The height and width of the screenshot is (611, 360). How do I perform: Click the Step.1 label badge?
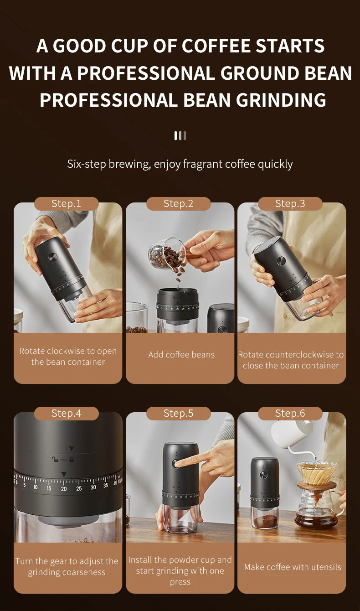pyautogui.click(x=67, y=203)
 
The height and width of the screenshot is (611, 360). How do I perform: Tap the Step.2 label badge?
pyautogui.click(x=179, y=203)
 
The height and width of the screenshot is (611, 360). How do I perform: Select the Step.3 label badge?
pyautogui.click(x=290, y=203)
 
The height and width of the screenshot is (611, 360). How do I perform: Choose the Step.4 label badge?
pyautogui.click(x=67, y=413)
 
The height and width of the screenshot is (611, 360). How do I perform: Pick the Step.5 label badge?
pyautogui.click(x=179, y=413)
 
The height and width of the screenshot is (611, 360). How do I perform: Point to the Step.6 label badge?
pyautogui.click(x=290, y=413)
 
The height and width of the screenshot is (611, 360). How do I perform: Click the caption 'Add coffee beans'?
pyautogui.click(x=181, y=355)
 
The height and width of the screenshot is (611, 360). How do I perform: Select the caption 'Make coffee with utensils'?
pyautogui.click(x=293, y=567)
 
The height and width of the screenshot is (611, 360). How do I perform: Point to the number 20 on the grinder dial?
pyautogui.click(x=64, y=489)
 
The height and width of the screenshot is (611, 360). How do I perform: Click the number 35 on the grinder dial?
pyautogui.click(x=106, y=487)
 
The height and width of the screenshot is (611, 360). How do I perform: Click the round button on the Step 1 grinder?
pyautogui.click(x=52, y=257)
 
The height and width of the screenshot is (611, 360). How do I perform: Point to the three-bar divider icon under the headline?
pyautogui.click(x=180, y=135)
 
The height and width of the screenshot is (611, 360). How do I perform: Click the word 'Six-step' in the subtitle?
pyautogui.click(x=87, y=164)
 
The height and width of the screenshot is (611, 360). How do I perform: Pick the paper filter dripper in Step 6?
pyautogui.click(x=317, y=473)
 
